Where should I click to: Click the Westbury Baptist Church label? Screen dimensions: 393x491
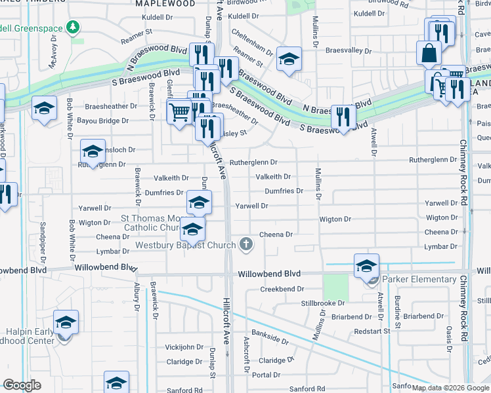[185, 246]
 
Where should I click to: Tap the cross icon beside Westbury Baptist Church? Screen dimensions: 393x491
[246, 245]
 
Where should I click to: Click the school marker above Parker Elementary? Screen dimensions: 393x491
[366, 265]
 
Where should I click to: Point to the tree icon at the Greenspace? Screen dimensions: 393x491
[75, 28]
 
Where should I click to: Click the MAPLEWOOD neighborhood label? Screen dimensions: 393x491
[165, 3]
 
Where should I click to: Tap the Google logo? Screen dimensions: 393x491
[22, 385]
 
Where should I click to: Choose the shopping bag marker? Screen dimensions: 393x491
[428, 52]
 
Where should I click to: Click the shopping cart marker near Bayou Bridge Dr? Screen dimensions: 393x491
[179, 112]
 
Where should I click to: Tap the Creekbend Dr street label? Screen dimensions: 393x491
[282, 289]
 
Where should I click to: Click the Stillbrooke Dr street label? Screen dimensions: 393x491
[323, 303]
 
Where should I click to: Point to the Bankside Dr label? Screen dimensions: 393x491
[270, 341]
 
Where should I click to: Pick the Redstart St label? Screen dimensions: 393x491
[372, 331]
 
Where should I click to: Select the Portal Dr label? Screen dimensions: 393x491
[267, 375]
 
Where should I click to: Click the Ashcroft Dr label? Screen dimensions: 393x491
[247, 354]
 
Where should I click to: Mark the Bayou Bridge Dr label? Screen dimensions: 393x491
[98, 121]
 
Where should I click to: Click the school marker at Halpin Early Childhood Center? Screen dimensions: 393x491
[66, 323]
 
